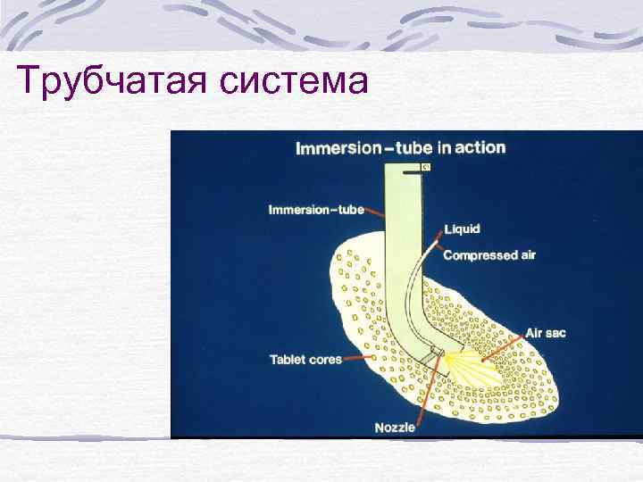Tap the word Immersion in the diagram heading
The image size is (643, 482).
338,149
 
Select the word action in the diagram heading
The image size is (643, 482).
480,148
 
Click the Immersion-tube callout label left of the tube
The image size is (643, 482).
316,211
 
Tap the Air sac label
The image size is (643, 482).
545,333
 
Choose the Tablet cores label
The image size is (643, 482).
305,360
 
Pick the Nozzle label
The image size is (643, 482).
395,428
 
